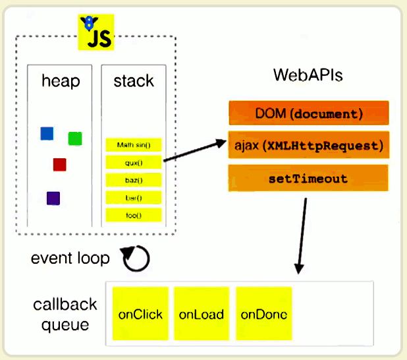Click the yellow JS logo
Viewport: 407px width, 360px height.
click(x=95, y=34)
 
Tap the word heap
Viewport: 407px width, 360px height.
click(x=60, y=82)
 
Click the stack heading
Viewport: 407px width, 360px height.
click(x=134, y=82)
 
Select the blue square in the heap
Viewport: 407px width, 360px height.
click(x=47, y=134)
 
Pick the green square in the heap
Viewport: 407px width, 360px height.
click(x=75, y=138)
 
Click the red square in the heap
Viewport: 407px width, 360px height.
click(x=60, y=164)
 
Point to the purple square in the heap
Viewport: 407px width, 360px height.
click(x=53, y=198)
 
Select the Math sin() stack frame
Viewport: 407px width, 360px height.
click(x=134, y=144)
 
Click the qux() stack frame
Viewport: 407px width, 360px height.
click(x=134, y=162)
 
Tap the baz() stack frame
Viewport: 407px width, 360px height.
click(x=134, y=179)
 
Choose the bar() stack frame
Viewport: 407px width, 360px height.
click(x=134, y=197)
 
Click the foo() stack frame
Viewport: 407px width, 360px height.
click(x=134, y=215)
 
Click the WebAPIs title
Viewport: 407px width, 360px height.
click(x=308, y=75)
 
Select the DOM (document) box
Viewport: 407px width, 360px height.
click(x=308, y=113)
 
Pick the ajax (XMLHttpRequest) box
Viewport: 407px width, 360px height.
click(x=308, y=145)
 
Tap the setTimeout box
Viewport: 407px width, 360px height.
click(x=308, y=179)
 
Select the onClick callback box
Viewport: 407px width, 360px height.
click(x=141, y=314)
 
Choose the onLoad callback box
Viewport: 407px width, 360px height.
click(x=201, y=314)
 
